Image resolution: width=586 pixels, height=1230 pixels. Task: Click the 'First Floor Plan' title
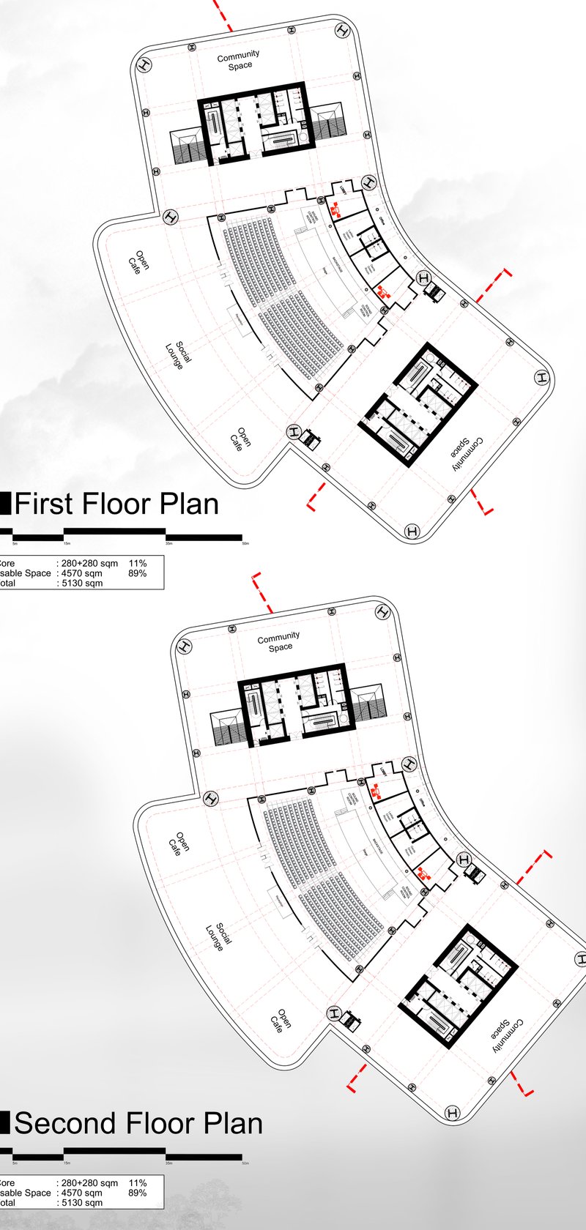pos(116,504)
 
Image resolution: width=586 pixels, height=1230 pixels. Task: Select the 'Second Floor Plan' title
pos(138,1123)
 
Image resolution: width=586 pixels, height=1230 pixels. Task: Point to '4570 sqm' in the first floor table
pos(82,573)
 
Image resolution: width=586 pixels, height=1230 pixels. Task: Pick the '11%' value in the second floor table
pos(138,1182)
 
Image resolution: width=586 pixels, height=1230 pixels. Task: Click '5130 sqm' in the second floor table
pos(82,1202)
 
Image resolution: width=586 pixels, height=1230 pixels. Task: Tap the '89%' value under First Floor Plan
pos(138,573)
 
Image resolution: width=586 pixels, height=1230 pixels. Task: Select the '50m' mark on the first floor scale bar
pos(245,544)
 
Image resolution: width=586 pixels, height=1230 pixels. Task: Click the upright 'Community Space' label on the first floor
pos(239,60)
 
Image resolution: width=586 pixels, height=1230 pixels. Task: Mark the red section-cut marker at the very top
pos(223,15)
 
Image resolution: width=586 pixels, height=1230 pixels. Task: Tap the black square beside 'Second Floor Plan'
pos(4,1122)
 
